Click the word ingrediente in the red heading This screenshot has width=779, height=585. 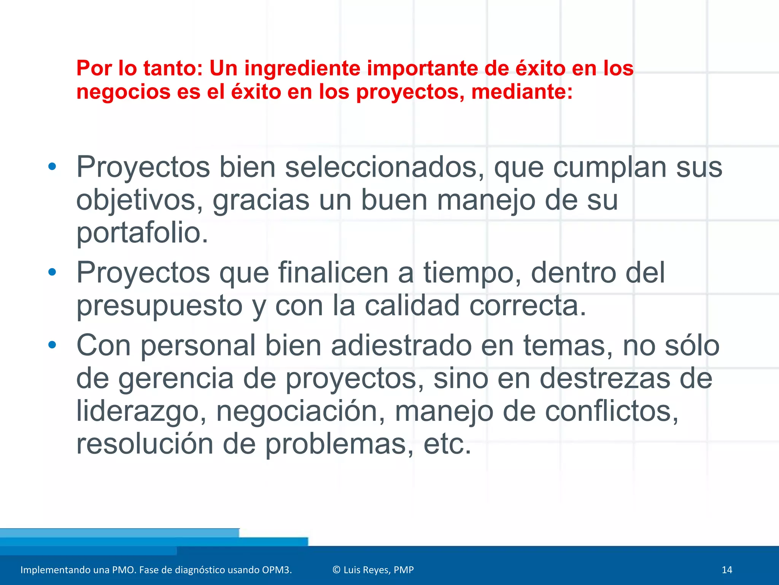[x=302, y=69]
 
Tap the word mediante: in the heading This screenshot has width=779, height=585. [x=522, y=92]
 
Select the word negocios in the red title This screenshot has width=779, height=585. [x=123, y=92]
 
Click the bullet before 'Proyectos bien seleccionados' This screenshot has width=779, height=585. [x=52, y=167]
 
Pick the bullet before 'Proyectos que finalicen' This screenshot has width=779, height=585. [x=52, y=272]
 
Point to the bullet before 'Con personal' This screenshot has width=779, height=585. [x=52, y=345]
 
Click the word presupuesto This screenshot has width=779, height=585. [x=159, y=305]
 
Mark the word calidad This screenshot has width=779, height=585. [x=412, y=305]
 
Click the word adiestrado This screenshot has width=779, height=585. [x=401, y=345]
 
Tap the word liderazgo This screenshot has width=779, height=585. [x=141, y=411]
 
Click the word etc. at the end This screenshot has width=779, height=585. [x=447, y=444]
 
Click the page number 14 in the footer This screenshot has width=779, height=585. [x=727, y=570]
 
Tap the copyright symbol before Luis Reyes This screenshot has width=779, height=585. [x=336, y=570]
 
